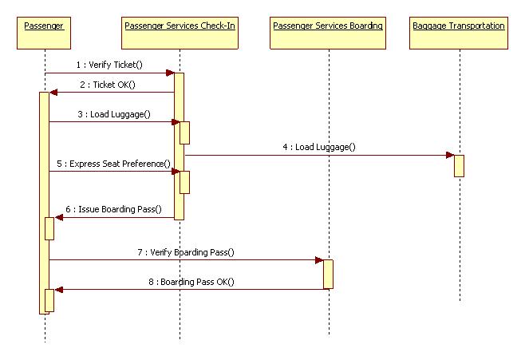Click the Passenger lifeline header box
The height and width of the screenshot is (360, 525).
click(44, 34)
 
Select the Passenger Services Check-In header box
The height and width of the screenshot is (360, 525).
click(180, 34)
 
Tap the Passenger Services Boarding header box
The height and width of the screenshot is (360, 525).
click(328, 34)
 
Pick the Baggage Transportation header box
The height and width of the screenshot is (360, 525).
click(459, 34)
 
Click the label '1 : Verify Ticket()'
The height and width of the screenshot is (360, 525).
click(109, 65)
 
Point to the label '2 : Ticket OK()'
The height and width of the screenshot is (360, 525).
click(108, 85)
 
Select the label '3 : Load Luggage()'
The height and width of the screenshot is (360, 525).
click(114, 114)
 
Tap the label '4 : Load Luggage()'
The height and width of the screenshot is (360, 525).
click(319, 147)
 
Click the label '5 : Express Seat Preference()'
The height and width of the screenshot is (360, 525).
click(113, 164)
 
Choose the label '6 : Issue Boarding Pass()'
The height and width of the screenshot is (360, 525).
click(113, 209)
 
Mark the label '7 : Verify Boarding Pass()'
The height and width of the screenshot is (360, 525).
click(186, 252)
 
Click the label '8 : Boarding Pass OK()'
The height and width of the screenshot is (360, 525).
click(191, 282)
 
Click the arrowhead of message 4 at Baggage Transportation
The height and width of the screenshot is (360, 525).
click(450, 155)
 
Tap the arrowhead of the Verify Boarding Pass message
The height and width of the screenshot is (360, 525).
click(319, 260)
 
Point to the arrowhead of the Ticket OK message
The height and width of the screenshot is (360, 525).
click(53, 93)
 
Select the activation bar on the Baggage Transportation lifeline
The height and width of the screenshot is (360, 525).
click(459, 166)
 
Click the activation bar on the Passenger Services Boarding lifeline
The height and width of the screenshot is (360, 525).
click(328, 275)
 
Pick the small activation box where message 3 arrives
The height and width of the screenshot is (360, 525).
click(184, 133)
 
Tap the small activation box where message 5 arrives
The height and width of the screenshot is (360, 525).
click(184, 182)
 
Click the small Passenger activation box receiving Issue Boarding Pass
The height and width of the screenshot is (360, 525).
click(49, 229)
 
